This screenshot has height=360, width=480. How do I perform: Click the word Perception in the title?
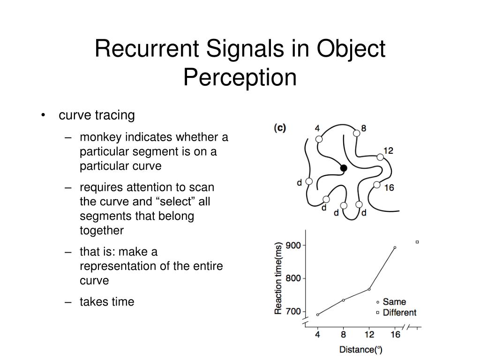[240, 77]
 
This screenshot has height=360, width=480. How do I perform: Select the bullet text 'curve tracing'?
[97, 115]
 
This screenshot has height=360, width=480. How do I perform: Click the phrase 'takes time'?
[107, 302]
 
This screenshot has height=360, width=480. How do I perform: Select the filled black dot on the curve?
[344, 168]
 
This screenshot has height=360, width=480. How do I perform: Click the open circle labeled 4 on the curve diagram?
[319, 139]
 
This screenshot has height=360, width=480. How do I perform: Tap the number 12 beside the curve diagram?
[388, 150]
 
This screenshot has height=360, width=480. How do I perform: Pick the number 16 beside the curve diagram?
[389, 188]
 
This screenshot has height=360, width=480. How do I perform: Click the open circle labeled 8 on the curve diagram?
[357, 133]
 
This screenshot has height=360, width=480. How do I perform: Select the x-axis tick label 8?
[344, 334]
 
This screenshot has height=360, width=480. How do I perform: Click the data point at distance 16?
[395, 247]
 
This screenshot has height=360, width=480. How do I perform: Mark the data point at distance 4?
[318, 315]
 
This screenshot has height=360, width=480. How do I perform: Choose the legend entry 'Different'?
[399, 312]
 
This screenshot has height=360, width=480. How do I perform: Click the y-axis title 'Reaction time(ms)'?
[279, 277]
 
